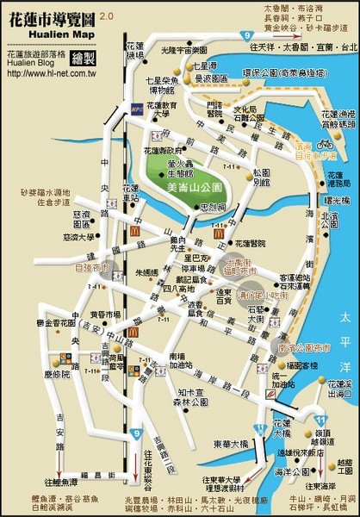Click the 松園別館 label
click(261, 178)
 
